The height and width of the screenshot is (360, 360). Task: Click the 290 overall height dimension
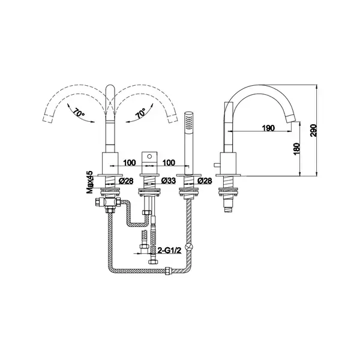tap(313, 130)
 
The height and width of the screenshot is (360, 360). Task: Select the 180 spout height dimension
tap(296, 149)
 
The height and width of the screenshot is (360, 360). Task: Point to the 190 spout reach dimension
tap(268, 128)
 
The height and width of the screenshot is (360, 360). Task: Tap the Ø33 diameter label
tap(169, 181)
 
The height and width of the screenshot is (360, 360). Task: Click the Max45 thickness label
tap(89, 182)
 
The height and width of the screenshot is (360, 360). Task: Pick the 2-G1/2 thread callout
tap(169, 250)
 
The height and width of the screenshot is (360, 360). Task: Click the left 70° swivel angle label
tap(79, 113)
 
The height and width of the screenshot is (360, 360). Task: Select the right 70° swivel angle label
tap(141, 113)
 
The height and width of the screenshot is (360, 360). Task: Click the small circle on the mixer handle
tap(149, 157)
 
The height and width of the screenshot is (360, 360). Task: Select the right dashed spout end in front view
tap(173, 119)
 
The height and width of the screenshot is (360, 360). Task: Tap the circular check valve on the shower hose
tap(190, 247)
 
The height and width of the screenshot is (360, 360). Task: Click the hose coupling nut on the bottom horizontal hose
tap(169, 270)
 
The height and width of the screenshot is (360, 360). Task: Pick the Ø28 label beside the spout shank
tap(126, 181)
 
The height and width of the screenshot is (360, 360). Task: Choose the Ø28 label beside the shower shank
tap(205, 181)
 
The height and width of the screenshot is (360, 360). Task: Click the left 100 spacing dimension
tap(130, 163)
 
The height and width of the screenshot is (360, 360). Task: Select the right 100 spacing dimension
tap(169, 163)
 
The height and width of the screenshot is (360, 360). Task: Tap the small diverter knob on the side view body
tap(217, 165)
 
